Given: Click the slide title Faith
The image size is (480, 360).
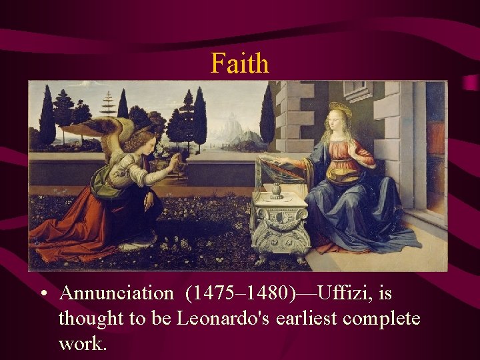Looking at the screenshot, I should [x=240, y=64].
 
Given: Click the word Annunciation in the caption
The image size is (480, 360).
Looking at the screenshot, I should [x=115, y=293].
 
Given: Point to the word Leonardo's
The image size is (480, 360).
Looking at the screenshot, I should [x=223, y=319].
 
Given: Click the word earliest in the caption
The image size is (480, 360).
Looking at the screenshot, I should [x=306, y=319].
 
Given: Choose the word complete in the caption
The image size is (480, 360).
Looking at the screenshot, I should [x=381, y=319].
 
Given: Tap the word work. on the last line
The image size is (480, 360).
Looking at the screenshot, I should [x=83, y=344].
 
